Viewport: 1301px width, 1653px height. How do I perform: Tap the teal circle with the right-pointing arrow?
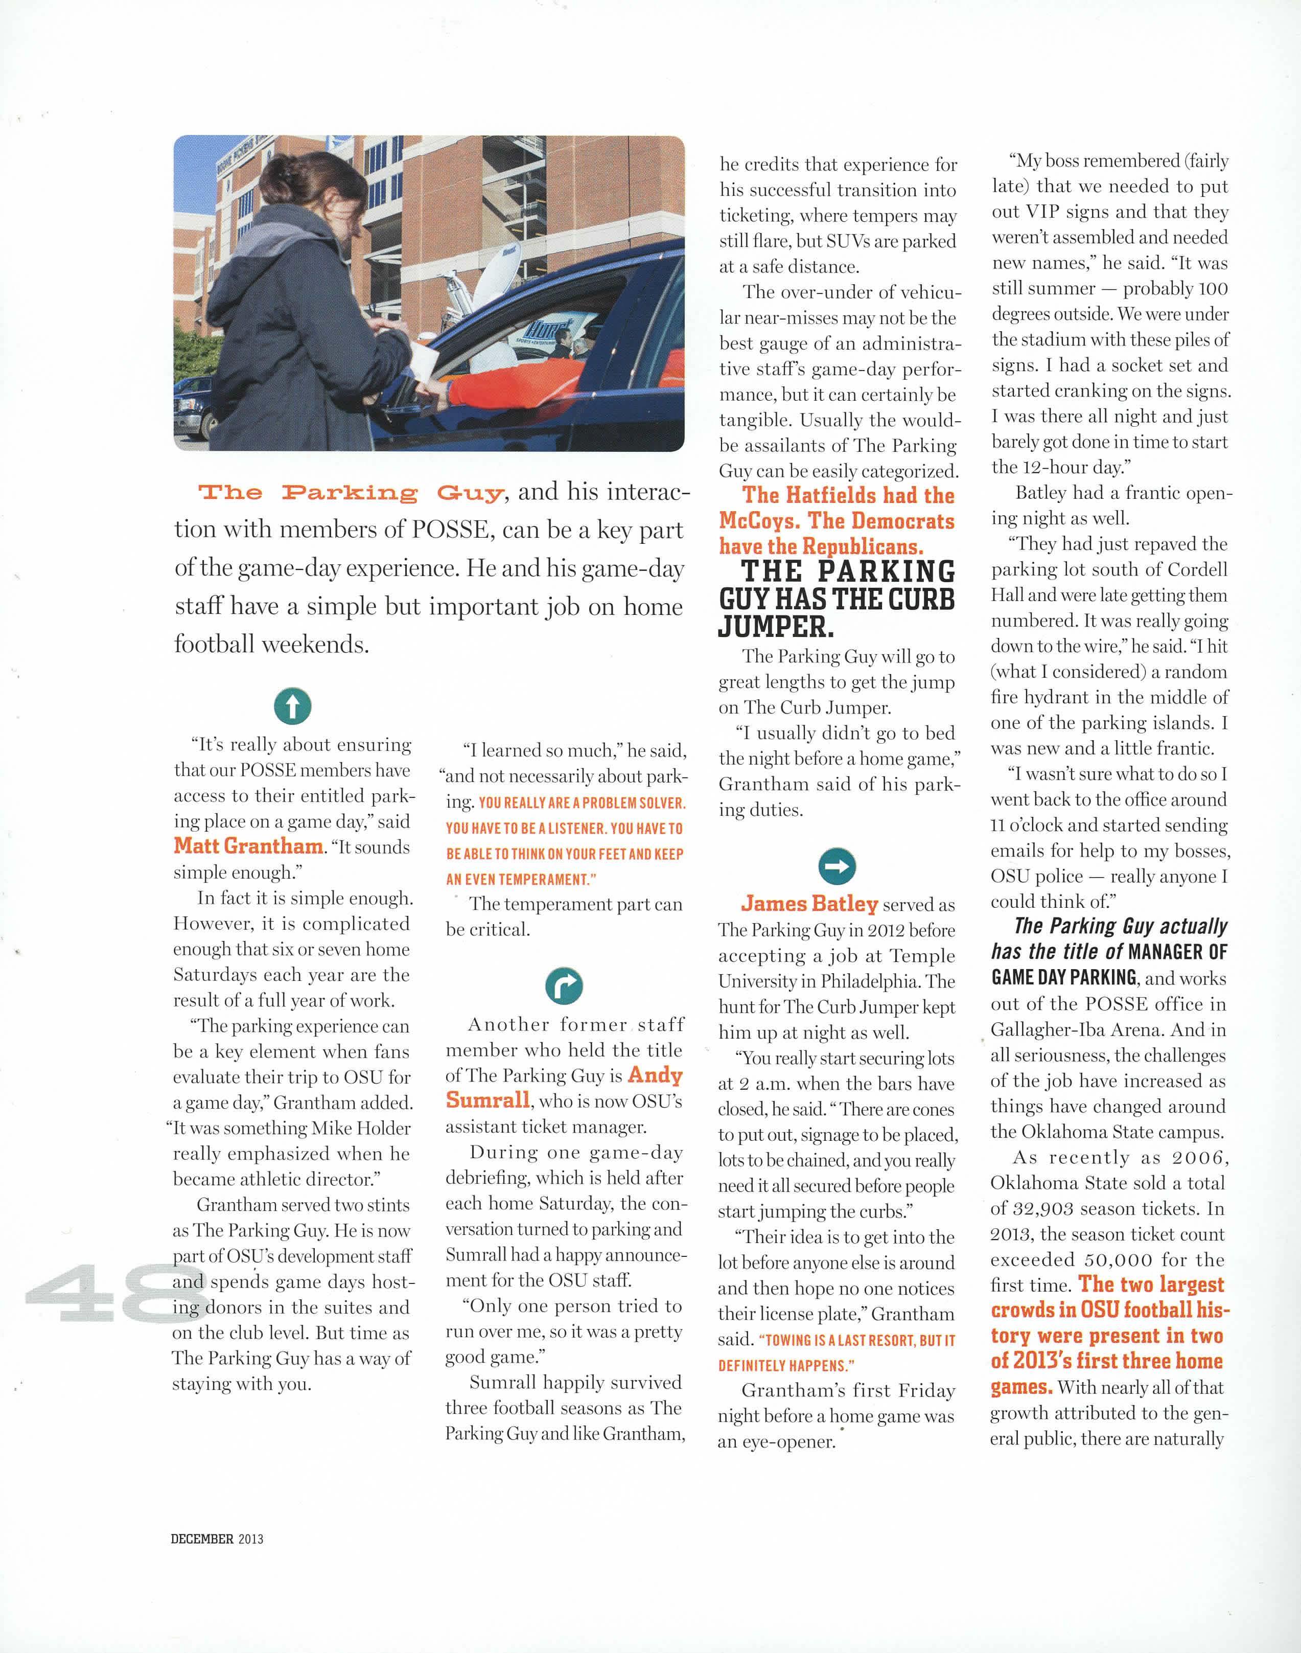coord(837,865)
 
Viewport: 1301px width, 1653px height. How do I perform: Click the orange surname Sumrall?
coord(487,1100)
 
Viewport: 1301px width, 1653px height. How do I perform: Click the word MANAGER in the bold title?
coord(1167,951)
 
